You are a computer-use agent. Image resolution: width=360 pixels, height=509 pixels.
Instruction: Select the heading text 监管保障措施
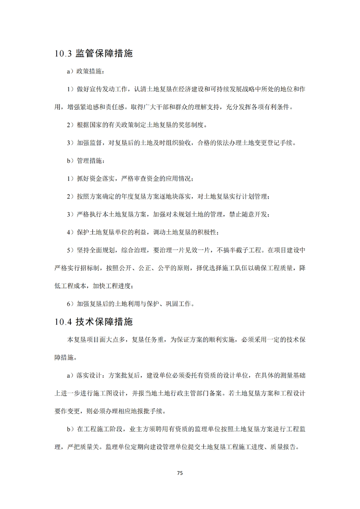coord(104,54)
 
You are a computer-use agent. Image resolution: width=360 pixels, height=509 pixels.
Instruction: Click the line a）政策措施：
coord(85,71)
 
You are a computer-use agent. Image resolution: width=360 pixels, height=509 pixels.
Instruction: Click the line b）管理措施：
coord(85,160)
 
